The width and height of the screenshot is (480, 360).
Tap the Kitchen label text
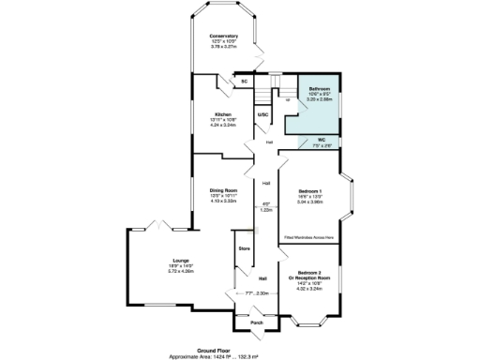[x=221, y=113]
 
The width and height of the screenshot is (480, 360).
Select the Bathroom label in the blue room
[x=319, y=88]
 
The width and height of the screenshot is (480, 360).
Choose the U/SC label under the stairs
[x=263, y=114]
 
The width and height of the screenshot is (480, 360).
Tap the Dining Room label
[x=223, y=190]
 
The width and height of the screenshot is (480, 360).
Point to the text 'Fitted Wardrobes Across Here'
[x=309, y=238]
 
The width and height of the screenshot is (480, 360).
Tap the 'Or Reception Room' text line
[x=309, y=278]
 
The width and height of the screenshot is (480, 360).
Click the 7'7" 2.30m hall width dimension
[x=257, y=293]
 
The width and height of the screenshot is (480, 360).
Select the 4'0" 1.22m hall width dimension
[x=265, y=207]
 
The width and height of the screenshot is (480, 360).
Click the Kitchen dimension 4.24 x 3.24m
[x=221, y=125]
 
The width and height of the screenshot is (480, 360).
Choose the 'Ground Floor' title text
[x=240, y=347]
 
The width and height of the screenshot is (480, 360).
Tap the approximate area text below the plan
[x=240, y=353]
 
